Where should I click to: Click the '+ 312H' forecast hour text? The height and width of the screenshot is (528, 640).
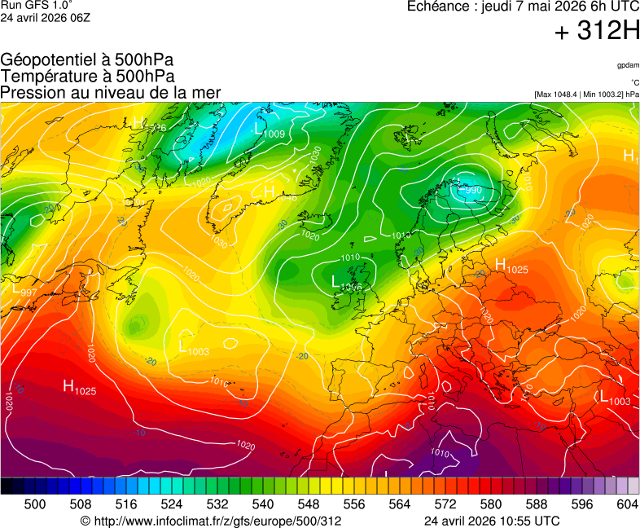[x=597, y=32]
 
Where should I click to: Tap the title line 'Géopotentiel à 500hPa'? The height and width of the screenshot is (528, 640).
[x=87, y=60]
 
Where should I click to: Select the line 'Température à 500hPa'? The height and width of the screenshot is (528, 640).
[x=87, y=76]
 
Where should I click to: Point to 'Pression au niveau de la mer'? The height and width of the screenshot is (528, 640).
[x=111, y=92]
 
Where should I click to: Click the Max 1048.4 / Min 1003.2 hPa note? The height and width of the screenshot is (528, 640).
[x=585, y=95]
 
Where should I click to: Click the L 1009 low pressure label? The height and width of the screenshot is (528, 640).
[x=270, y=130]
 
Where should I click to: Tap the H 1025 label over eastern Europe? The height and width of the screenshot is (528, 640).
[x=511, y=266]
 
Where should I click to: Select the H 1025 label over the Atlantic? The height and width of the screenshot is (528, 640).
[x=80, y=388]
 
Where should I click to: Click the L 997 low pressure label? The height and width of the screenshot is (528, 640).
[x=24, y=289]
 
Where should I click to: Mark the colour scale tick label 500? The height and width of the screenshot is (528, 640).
[x=35, y=504]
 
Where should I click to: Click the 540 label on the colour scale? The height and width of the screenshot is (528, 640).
[x=263, y=504]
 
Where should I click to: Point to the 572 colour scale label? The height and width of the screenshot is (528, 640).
[x=445, y=504]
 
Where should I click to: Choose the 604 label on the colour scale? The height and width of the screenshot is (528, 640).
[x=627, y=504]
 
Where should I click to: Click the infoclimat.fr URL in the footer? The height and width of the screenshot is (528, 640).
[x=211, y=521]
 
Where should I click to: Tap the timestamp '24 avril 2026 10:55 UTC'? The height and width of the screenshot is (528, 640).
[x=492, y=521]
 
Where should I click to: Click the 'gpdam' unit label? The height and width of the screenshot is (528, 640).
[x=627, y=65]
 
